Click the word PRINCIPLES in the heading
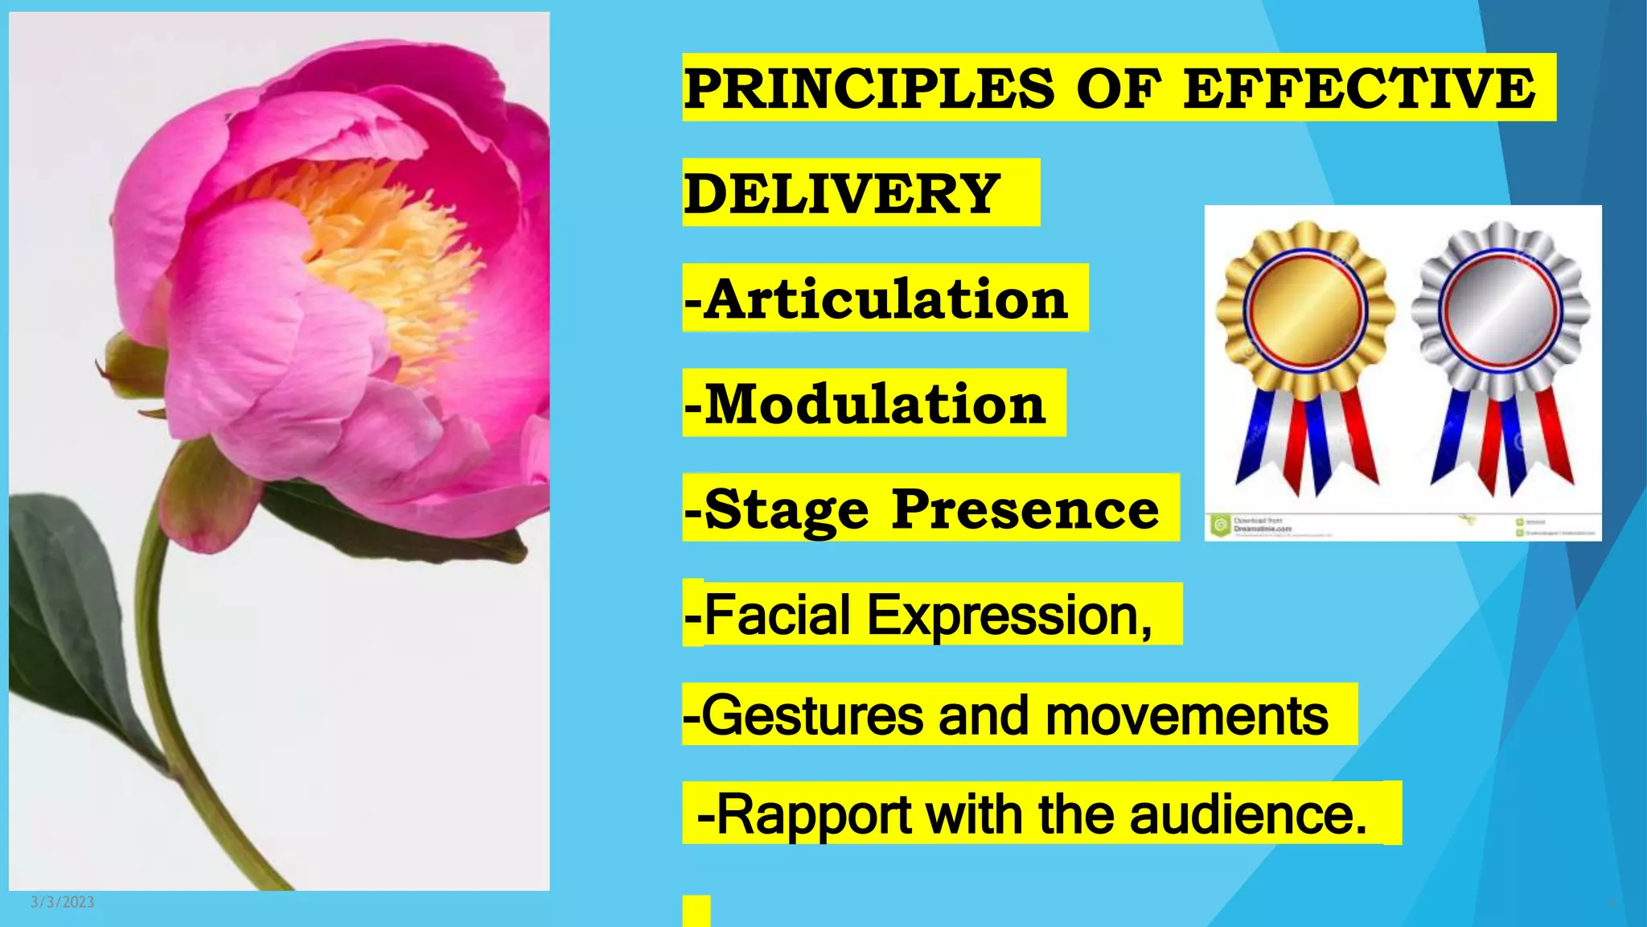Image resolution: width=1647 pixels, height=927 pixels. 869,88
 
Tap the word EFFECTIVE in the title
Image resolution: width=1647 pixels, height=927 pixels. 1359,88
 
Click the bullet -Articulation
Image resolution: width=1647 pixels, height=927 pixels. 877,299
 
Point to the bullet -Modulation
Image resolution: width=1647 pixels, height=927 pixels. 865,404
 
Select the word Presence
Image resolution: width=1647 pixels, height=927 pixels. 1025,509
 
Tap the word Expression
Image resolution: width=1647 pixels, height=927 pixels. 1010,615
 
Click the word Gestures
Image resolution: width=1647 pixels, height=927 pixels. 812,715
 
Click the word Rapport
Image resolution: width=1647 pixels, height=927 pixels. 813,814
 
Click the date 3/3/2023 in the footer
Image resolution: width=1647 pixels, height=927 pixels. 63,902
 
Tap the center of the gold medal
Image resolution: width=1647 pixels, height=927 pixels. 1304,310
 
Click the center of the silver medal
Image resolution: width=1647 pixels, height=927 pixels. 1501,310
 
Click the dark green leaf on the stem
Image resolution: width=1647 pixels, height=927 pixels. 72,612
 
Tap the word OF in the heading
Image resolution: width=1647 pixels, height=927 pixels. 1119,88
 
